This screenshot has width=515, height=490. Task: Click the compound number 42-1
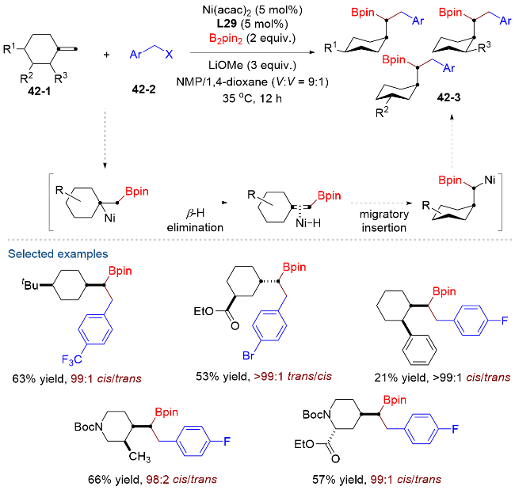coord(40,90)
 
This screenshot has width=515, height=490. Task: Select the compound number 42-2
coord(143,89)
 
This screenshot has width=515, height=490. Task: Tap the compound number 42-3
coord(448,97)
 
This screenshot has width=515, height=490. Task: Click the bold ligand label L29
coord(227,24)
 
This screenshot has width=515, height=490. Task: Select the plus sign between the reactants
coord(106,55)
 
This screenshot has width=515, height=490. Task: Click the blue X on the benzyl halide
coord(169,54)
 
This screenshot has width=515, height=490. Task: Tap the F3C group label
coord(71,359)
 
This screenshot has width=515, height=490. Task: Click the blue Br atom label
coord(248,355)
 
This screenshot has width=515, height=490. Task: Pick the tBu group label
coord(30,285)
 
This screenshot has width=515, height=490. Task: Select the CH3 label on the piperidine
coord(139,457)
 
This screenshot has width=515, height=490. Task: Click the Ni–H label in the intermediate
coord(307,223)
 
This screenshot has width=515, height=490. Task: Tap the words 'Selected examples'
coord(58,253)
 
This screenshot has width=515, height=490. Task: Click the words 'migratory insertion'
coord(384,221)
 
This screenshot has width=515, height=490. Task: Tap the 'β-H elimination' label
coord(195,221)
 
